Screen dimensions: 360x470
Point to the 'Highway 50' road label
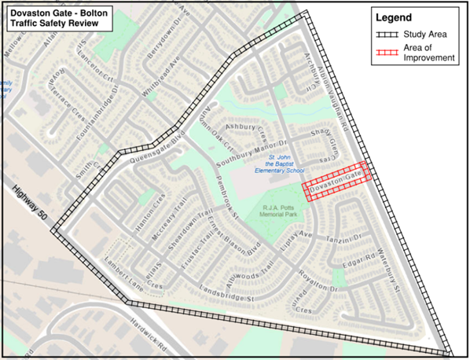tap(30, 206)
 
